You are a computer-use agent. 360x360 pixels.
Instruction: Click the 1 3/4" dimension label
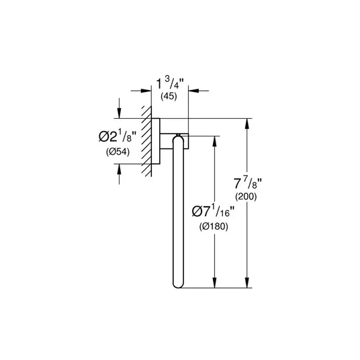coord(170,83)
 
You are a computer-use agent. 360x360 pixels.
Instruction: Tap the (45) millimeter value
coord(169,96)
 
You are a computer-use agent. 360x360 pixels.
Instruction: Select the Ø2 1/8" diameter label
coord(118,137)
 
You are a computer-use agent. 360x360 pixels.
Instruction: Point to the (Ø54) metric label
coord(118,152)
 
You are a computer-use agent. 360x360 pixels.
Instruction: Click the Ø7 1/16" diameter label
coord(214,211)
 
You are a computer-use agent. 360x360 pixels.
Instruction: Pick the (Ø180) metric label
coord(214,226)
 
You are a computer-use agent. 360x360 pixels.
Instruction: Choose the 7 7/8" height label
coord(248,183)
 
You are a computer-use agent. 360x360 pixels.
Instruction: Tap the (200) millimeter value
coord(246,197)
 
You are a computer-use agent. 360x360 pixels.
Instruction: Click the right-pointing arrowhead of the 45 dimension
coord(146,91)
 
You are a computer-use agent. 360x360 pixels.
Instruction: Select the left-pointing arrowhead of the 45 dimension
coord(193,91)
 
